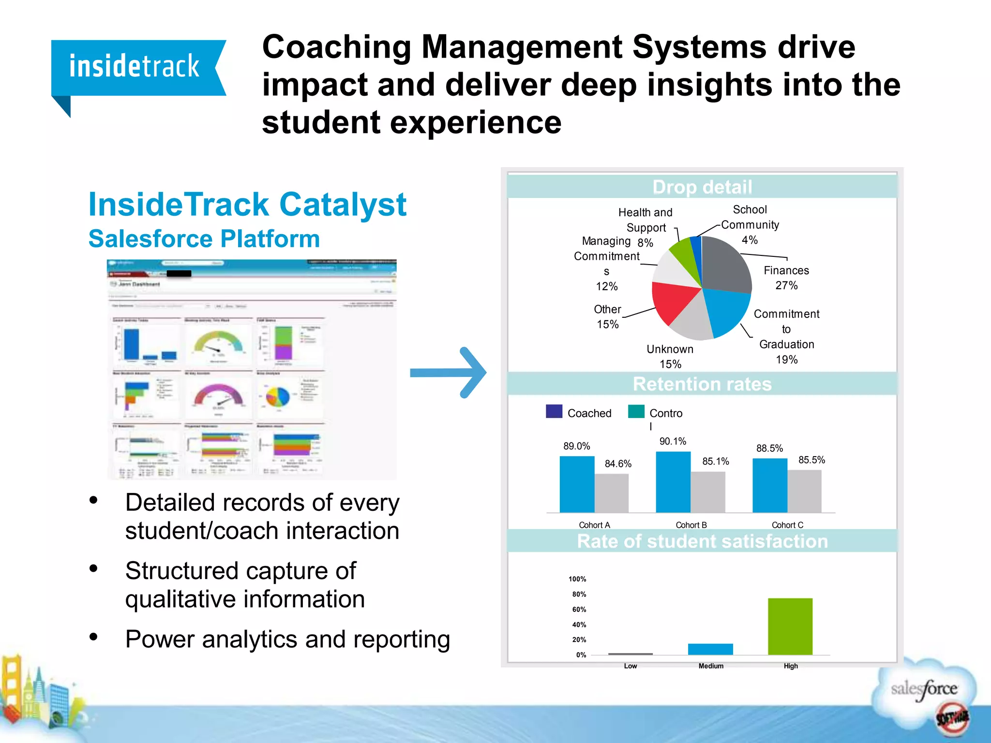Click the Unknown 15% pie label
[x=670, y=356]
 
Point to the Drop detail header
[x=702, y=187]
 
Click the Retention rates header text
[x=702, y=384]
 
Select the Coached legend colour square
[x=554, y=411]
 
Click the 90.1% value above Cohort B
[x=673, y=441]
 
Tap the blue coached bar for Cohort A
[x=577, y=484]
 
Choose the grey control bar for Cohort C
[x=804, y=491]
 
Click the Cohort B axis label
[x=691, y=525]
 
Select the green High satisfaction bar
[x=790, y=626]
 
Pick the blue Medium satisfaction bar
[x=710, y=649]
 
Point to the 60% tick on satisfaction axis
[x=579, y=609]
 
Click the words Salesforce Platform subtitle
[x=204, y=239]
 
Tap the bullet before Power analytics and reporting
[x=93, y=637]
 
